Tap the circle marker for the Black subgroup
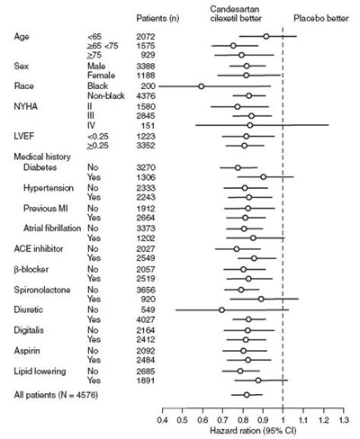[201, 86]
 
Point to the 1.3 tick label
[344, 418]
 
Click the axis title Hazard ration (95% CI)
[254, 431]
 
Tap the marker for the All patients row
[247, 395]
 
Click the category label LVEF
[26, 136]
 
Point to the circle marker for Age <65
[265, 36]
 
